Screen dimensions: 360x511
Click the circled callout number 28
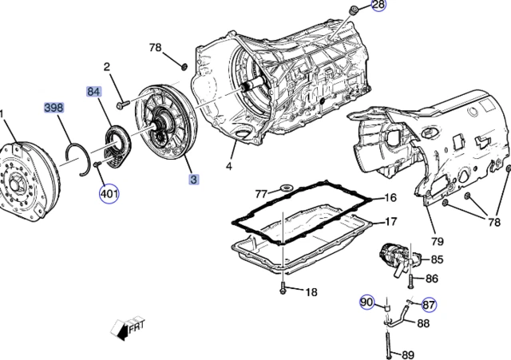point(378,6)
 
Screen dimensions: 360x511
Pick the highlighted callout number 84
point(94,93)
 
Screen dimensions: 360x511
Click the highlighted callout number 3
point(194,180)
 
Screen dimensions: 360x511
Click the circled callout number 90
point(366,303)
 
